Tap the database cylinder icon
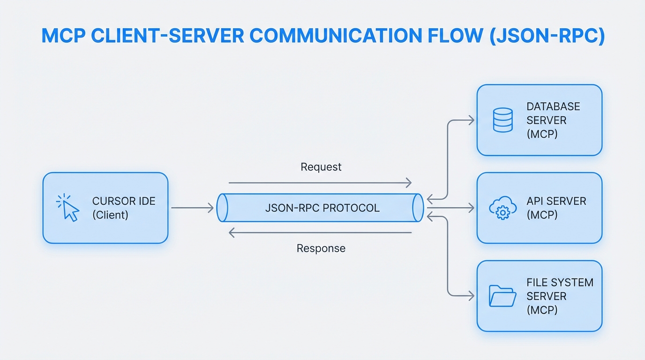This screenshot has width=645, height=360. (502, 120)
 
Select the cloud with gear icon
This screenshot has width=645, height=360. (502, 208)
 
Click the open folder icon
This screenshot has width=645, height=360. (502, 296)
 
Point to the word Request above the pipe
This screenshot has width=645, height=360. (321, 167)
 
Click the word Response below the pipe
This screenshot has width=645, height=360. (321, 248)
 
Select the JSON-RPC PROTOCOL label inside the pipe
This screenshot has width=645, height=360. (322, 208)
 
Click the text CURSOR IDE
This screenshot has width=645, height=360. (124, 201)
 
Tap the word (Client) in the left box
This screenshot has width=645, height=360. (111, 215)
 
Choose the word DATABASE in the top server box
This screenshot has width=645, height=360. (553, 106)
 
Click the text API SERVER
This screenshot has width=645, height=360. (556, 201)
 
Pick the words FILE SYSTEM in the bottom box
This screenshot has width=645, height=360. (560, 283)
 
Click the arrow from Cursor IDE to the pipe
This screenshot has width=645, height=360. (192, 208)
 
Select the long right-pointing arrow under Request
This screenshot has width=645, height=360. (320, 183)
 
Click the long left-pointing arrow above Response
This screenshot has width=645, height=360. (320, 232)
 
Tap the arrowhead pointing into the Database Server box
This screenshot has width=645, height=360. (471, 120)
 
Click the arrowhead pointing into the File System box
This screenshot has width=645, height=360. (471, 296)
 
